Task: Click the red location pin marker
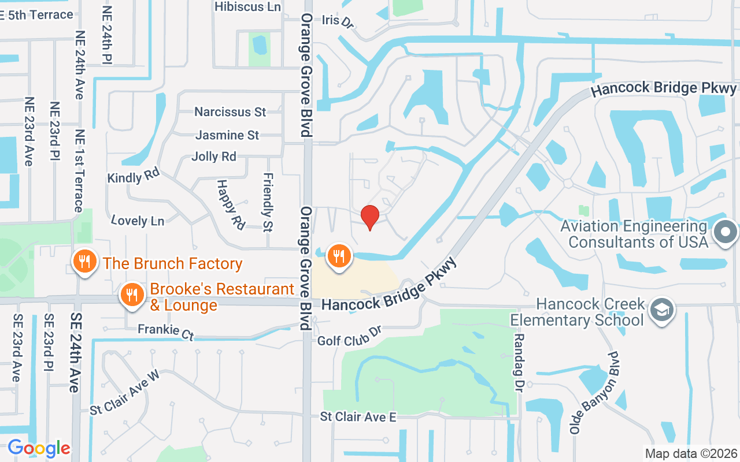coord(370,217)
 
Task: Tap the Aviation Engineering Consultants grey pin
coord(726,233)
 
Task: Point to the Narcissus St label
coord(230,111)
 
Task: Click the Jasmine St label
coord(227,135)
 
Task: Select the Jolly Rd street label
coord(214,157)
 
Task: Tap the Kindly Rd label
coord(133,177)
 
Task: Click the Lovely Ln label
coord(137,220)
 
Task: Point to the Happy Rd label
coord(231,204)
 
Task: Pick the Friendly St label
coord(268,202)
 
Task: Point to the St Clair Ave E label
coord(358,416)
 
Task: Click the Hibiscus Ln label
coord(247,7)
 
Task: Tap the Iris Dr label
coord(338,21)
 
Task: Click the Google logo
coord(39,448)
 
